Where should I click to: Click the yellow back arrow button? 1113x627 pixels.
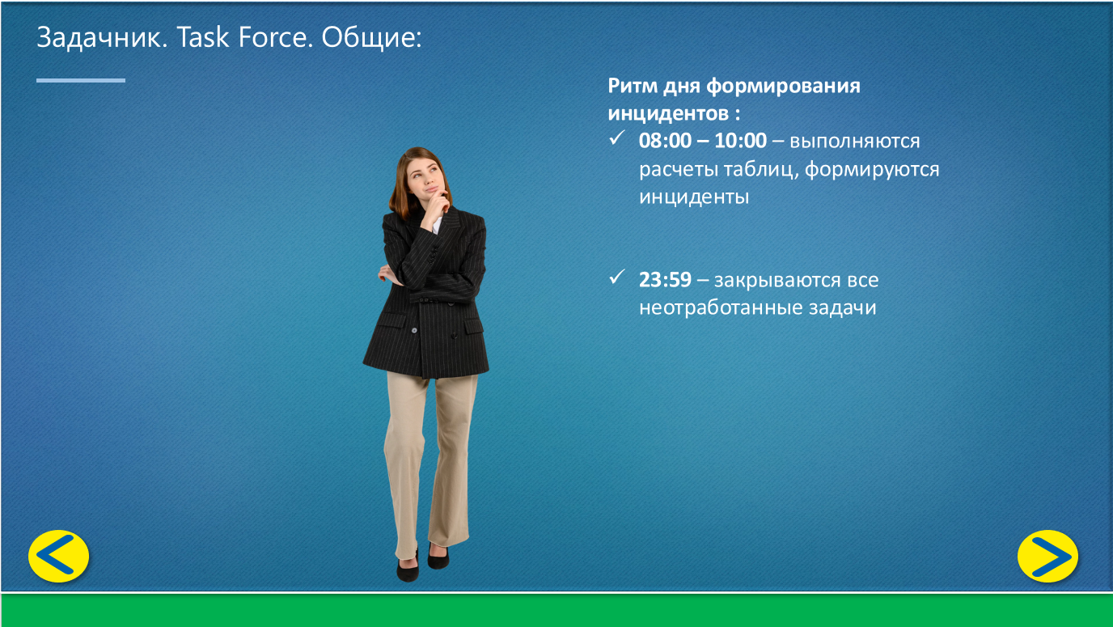pyautogui.click(x=58, y=556)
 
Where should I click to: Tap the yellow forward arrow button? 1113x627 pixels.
pyautogui.click(x=1048, y=556)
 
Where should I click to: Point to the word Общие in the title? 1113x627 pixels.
pyautogui.click(x=371, y=38)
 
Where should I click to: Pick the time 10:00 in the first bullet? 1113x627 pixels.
pyautogui.click(x=740, y=141)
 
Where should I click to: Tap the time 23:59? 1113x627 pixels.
pyautogui.click(x=665, y=280)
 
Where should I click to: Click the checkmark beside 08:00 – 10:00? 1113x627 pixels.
pyautogui.click(x=616, y=138)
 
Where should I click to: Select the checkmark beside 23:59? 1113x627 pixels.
pyautogui.click(x=616, y=277)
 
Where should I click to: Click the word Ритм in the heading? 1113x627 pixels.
pyautogui.click(x=633, y=86)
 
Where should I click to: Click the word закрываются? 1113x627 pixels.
pyautogui.click(x=777, y=281)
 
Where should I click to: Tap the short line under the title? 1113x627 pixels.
pyautogui.click(x=81, y=80)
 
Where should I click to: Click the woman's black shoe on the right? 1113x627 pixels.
pyautogui.click(x=438, y=557)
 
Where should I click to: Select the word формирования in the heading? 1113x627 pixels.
pyautogui.click(x=783, y=87)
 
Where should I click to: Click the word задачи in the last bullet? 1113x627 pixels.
pyautogui.click(x=842, y=308)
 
